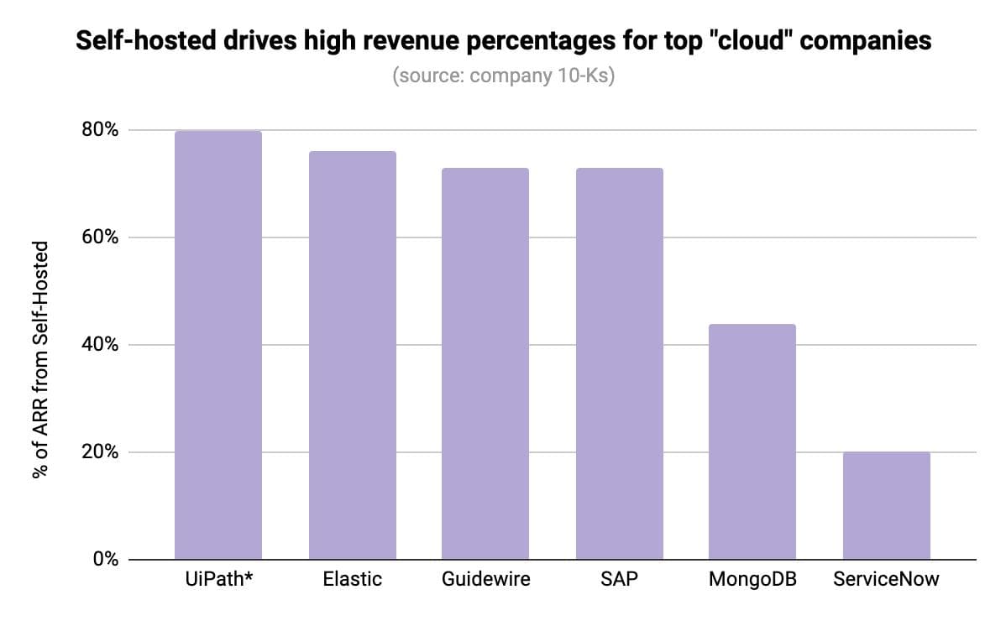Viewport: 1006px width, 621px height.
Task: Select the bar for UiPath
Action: point(218,345)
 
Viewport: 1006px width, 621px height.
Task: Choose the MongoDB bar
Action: point(752,441)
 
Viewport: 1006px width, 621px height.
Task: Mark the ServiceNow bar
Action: point(886,505)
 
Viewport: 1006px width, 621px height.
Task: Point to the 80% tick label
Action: point(101,131)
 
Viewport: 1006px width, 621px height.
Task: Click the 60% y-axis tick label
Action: point(101,237)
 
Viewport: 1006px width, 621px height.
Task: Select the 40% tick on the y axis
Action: point(101,345)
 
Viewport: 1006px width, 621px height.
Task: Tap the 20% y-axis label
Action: point(101,452)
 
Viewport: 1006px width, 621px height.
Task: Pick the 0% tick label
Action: point(106,560)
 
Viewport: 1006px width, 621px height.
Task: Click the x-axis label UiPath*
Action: point(218,580)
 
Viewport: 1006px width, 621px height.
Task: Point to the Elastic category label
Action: point(352,580)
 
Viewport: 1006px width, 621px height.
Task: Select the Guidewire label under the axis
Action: point(485,580)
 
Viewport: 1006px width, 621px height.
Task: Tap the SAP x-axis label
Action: point(619,580)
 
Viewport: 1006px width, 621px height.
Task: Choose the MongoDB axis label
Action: point(752,580)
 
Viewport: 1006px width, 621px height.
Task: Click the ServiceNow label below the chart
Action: point(886,580)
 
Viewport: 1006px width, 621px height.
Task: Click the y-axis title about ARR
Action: point(39,360)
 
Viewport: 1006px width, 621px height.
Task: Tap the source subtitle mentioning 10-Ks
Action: point(503,76)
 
